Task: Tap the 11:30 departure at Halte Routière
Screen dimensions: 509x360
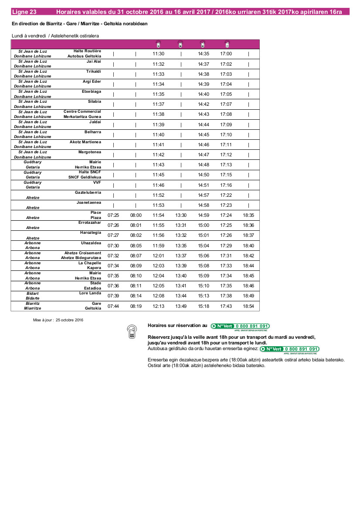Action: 158,54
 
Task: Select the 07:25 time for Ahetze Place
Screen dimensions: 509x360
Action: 113,215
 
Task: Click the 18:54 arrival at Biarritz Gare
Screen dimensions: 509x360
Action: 248,306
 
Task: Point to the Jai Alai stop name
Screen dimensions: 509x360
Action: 94,61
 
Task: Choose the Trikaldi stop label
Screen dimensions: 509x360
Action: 93,71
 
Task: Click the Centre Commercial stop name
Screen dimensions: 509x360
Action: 82,111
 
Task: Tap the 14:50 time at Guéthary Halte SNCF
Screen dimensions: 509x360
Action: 204,175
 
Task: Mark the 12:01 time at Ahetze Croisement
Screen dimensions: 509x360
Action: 158,256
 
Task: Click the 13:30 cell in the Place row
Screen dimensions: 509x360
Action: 181,215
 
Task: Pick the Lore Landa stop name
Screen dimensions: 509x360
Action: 90,293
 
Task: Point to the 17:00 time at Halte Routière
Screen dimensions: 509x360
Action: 226,54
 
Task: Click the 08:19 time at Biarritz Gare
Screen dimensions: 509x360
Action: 136,306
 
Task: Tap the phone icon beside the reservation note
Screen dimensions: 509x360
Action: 131,331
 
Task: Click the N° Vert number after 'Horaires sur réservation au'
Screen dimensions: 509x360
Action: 240,326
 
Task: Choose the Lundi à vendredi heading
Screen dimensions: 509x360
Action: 55,35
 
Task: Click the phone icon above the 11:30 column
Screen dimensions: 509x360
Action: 159,44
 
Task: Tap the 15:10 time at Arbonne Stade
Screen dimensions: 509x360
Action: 204,286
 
